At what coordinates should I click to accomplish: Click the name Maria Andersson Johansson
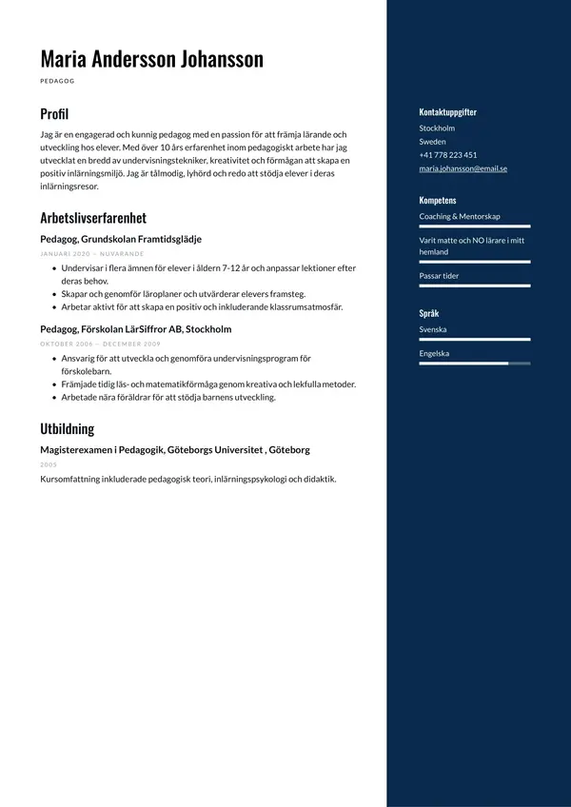tap(151, 59)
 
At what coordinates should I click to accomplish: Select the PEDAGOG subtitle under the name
tap(57, 82)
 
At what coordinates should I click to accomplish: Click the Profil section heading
tap(54, 114)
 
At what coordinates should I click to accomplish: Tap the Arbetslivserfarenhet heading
tap(93, 217)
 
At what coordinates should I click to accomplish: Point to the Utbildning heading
tap(67, 428)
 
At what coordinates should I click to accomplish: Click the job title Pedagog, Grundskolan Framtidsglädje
tap(121, 239)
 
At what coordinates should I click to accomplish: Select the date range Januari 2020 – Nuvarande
tap(91, 254)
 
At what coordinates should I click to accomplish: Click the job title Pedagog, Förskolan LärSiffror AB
tap(135, 329)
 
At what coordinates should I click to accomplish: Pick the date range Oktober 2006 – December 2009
tap(100, 344)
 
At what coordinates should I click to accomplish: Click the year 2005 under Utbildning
tap(48, 464)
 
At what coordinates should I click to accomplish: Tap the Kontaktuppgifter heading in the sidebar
tap(447, 111)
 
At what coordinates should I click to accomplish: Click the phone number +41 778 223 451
tap(447, 155)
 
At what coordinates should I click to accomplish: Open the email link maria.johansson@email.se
tap(463, 168)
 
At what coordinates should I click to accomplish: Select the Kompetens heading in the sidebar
tap(438, 201)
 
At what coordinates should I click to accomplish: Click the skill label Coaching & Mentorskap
tap(460, 216)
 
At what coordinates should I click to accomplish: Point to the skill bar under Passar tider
tap(474, 285)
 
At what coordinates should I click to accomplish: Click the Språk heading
tap(428, 313)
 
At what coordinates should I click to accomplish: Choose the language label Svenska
tap(433, 329)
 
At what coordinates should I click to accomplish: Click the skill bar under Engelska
tap(474, 364)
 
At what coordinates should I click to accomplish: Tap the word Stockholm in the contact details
tap(437, 128)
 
